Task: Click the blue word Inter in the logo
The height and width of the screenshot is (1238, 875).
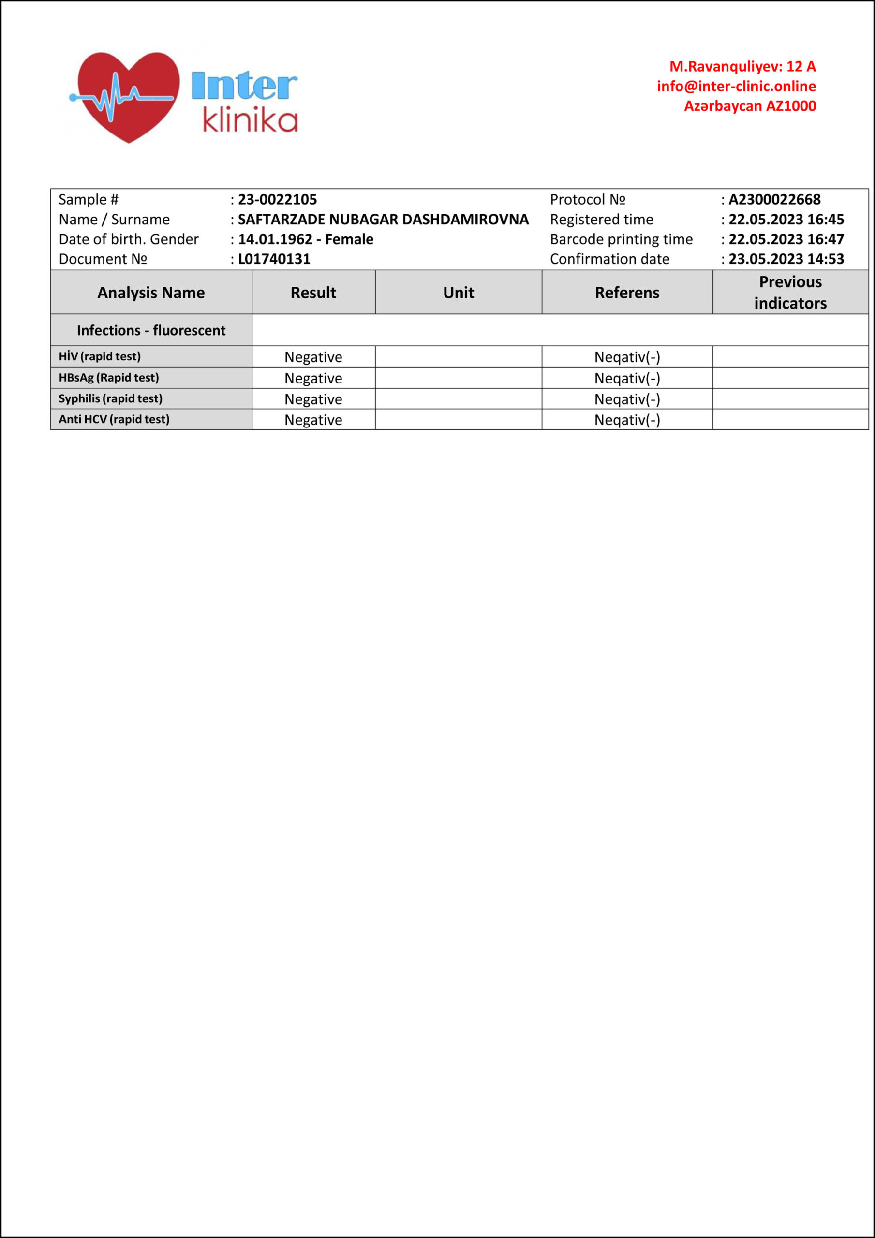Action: pyautogui.click(x=244, y=86)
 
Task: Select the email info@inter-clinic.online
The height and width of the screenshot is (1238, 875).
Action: pyautogui.click(x=736, y=86)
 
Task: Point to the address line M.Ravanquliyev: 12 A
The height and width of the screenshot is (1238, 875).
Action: pyautogui.click(x=742, y=66)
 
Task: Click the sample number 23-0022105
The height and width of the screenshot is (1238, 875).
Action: pyautogui.click(x=277, y=200)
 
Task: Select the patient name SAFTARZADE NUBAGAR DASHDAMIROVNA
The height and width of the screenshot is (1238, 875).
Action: pyautogui.click(x=383, y=220)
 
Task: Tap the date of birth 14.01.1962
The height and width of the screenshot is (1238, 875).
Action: pyautogui.click(x=275, y=239)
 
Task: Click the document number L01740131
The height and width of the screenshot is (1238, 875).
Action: pyautogui.click(x=274, y=259)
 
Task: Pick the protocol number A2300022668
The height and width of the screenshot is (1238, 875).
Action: pyautogui.click(x=774, y=200)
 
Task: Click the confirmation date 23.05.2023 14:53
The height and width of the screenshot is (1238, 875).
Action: pyautogui.click(x=786, y=259)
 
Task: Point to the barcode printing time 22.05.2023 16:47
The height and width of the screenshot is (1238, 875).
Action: pyautogui.click(x=786, y=239)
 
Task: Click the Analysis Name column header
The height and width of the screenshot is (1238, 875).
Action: pyautogui.click(x=151, y=293)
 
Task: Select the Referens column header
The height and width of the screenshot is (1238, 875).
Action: pyautogui.click(x=627, y=293)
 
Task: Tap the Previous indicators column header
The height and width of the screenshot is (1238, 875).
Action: pyautogui.click(x=790, y=292)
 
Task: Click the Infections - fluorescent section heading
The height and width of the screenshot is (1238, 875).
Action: pyautogui.click(x=151, y=330)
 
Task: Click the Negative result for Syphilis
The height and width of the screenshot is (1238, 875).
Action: pyautogui.click(x=313, y=399)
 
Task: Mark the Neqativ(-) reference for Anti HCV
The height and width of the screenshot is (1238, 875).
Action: pyautogui.click(x=627, y=420)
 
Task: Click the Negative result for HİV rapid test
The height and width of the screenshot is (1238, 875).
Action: pyautogui.click(x=313, y=357)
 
